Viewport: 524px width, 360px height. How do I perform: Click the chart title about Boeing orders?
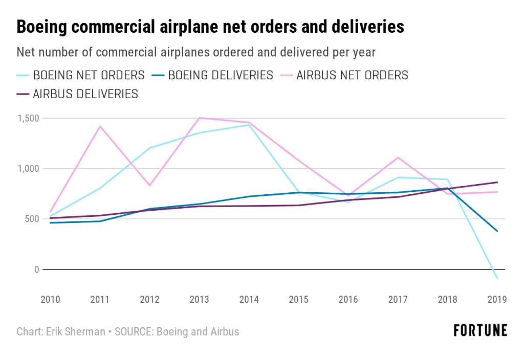210,27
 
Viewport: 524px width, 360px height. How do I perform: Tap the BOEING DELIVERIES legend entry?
213,75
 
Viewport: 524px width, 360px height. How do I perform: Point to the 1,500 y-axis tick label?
28,118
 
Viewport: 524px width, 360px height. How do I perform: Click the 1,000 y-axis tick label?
28,169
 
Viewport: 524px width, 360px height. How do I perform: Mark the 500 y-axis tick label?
32,219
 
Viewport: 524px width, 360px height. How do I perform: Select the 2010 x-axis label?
50,300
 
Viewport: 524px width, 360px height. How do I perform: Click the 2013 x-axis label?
200,300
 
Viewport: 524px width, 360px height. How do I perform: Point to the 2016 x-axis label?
348,300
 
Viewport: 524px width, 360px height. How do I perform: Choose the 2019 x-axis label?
497,300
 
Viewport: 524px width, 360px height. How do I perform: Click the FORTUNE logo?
481,331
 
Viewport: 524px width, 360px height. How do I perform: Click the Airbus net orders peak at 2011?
100,126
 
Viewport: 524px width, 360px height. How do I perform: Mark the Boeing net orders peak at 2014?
249,125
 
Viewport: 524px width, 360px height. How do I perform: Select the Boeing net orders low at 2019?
496,278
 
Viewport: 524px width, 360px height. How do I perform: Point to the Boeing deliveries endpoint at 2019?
497,231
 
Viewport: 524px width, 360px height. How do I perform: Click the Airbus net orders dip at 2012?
149,185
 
